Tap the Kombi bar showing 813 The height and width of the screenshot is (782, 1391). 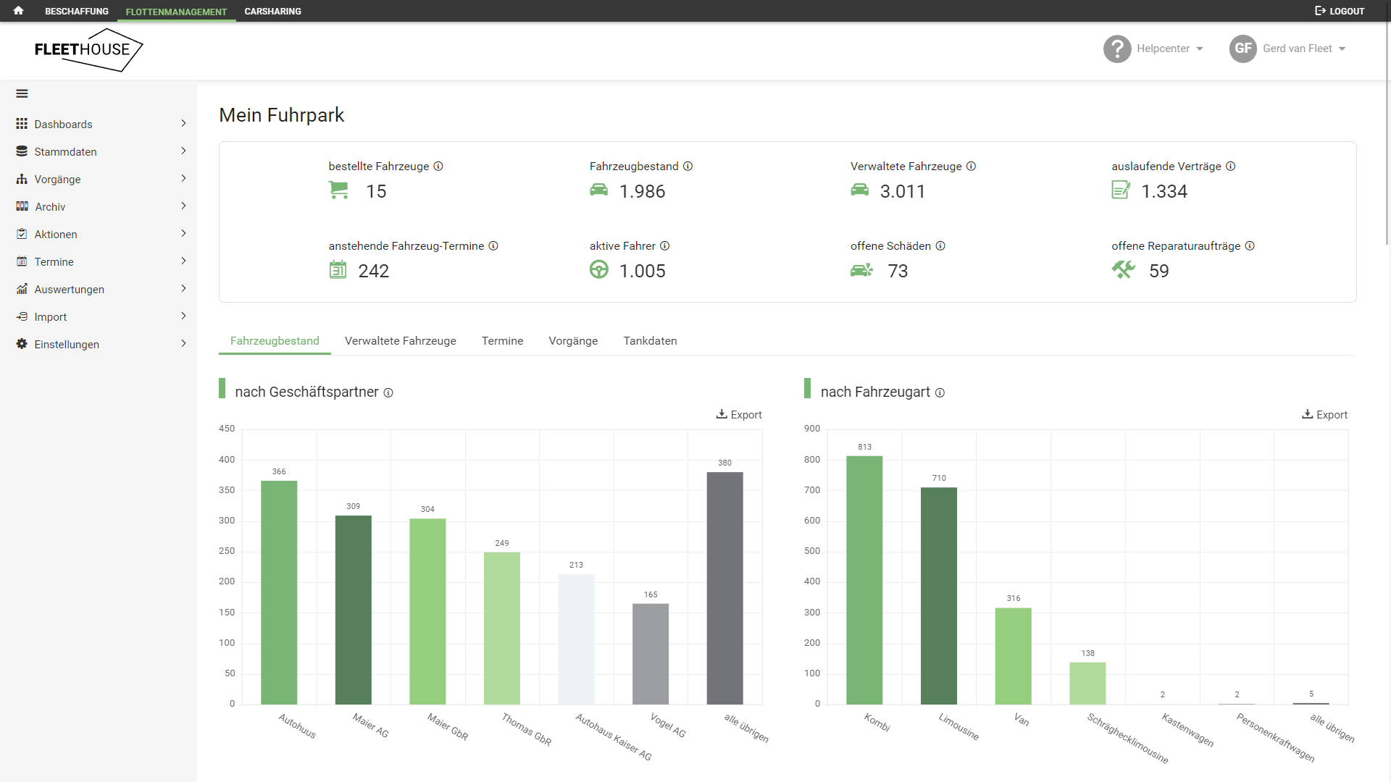tap(864, 579)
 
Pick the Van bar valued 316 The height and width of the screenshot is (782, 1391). tap(1013, 655)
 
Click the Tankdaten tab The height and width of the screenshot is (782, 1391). tap(650, 341)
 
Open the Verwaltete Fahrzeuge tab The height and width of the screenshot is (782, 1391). tap(400, 341)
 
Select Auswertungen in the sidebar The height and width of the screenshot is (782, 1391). tap(70, 290)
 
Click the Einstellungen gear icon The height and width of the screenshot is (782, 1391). tap(22, 344)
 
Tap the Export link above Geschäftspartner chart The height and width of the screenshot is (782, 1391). tap(739, 415)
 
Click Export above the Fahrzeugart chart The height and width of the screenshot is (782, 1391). tap(1324, 415)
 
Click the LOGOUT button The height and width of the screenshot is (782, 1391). tap(1340, 11)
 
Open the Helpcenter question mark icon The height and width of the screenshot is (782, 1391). tap(1117, 49)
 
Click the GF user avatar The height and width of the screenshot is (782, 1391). tap(1242, 49)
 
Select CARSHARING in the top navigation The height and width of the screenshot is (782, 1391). tap(272, 11)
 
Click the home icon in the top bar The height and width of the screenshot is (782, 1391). tap(19, 11)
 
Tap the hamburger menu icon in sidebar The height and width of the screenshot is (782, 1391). tap(22, 93)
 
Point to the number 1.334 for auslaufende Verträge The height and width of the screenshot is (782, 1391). tap(1164, 191)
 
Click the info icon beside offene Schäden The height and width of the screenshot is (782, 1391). tap(940, 246)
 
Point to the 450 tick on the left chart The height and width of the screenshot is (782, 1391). tap(227, 429)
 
